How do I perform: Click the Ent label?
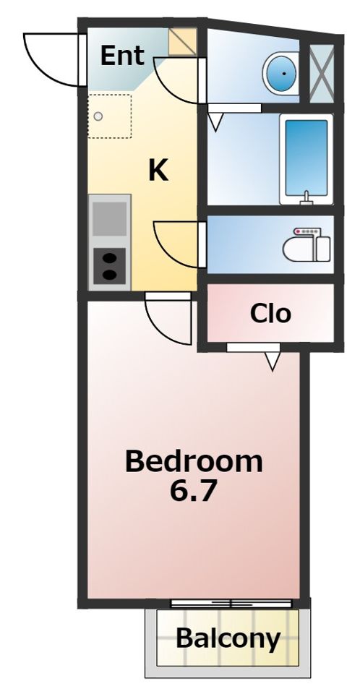(x=122, y=56)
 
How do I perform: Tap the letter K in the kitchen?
(x=158, y=171)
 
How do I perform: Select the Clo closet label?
(x=270, y=313)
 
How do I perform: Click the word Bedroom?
(x=194, y=461)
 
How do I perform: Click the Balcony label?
(x=228, y=638)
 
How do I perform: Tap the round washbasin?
(x=280, y=73)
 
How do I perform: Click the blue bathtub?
(x=306, y=159)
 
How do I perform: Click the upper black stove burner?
(x=109, y=258)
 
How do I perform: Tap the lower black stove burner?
(x=109, y=275)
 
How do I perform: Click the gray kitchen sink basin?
(x=109, y=218)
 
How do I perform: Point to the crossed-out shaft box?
(x=321, y=74)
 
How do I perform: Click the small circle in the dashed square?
(x=98, y=116)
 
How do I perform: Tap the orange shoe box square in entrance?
(x=183, y=42)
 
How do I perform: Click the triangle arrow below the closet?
(x=273, y=361)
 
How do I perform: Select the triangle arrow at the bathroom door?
(x=215, y=122)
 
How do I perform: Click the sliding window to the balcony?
(x=231, y=603)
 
